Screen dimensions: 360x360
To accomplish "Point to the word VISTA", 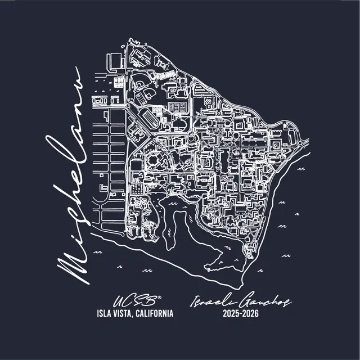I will click(x=127, y=313).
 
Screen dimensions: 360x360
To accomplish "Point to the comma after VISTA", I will click(x=138, y=315).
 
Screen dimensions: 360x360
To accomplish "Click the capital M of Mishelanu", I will click(x=73, y=264).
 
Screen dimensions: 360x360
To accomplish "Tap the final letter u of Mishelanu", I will click(x=76, y=79).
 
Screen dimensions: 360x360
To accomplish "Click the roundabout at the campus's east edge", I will click(x=292, y=134).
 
